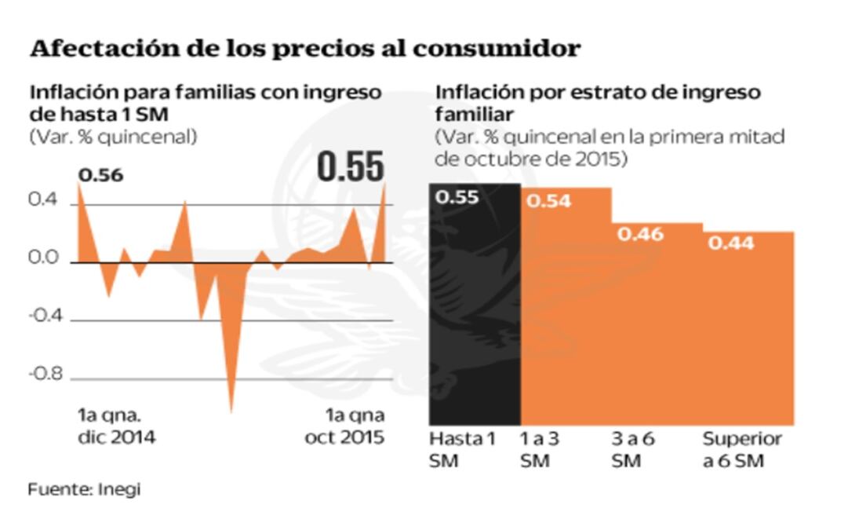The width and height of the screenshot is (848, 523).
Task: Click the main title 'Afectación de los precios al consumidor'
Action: tap(304, 49)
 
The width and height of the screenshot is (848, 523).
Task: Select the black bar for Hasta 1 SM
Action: tap(475, 314)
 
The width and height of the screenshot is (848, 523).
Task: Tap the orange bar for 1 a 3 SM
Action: tap(566, 314)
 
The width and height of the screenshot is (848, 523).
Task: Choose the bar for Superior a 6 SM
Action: tap(748, 330)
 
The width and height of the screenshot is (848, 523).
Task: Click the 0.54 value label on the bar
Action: tap(548, 201)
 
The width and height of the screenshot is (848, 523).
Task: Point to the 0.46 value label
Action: tap(640, 234)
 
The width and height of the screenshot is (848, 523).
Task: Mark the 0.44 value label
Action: tap(731, 243)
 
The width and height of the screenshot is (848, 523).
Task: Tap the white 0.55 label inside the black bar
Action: tap(457, 197)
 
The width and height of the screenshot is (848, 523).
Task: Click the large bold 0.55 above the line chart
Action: tap(351, 166)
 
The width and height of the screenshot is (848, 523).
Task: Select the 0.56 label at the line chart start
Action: tap(100, 175)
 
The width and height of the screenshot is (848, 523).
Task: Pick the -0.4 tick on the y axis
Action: tap(45, 318)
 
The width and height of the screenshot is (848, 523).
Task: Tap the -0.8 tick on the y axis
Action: tap(45, 375)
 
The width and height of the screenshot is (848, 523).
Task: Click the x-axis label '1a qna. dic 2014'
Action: tap(115, 426)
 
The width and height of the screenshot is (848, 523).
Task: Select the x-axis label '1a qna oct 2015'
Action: tap(344, 426)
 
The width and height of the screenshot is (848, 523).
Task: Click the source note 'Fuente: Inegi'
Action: tap(84, 489)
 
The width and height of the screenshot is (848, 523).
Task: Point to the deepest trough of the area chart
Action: tap(231, 408)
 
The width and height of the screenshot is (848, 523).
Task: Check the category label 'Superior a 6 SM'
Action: tap(741, 450)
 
